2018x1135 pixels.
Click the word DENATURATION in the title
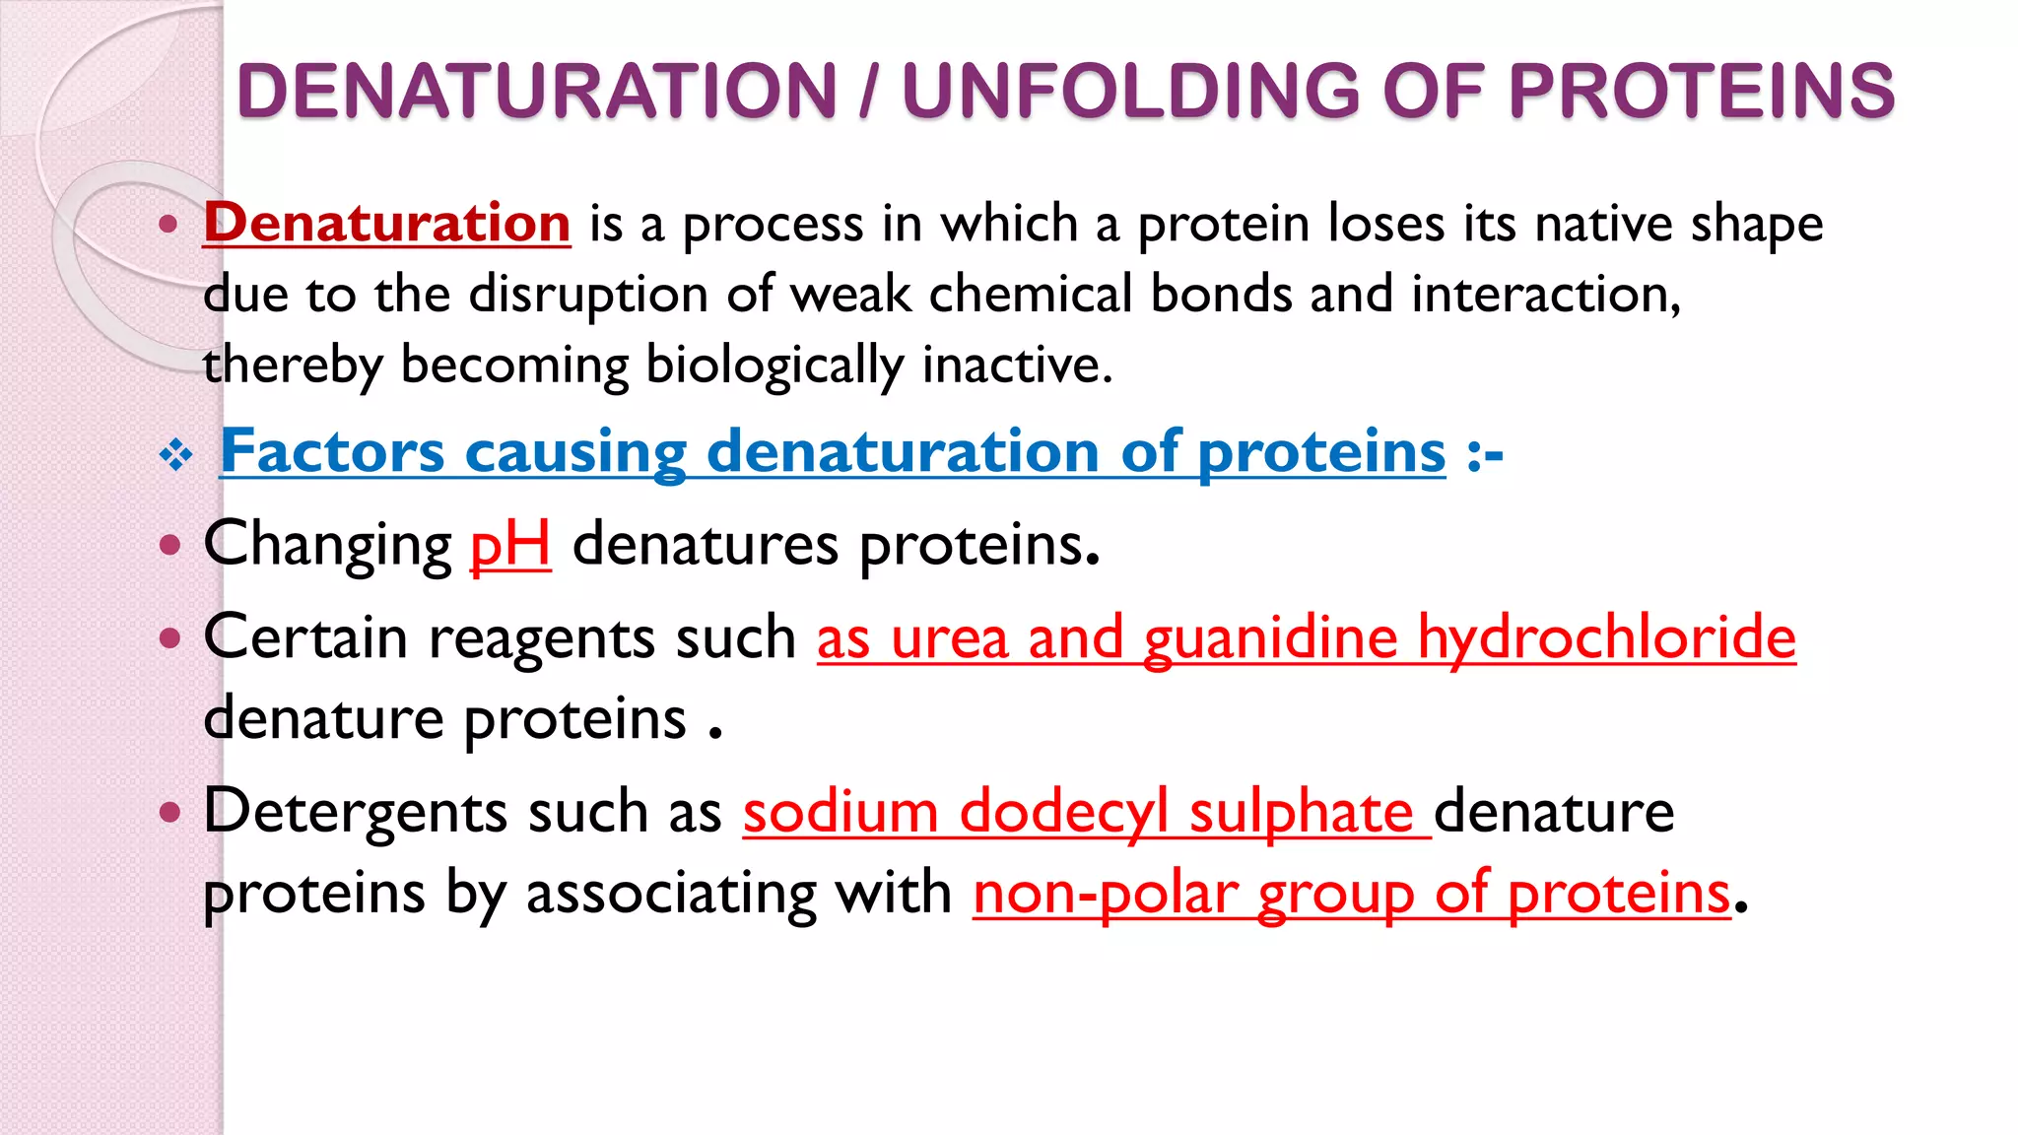pyautogui.click(x=537, y=91)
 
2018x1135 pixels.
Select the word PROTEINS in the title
pyautogui.click(x=1702, y=91)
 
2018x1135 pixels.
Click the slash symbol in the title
pyautogui.click(x=868, y=91)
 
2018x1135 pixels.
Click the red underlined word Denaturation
pyautogui.click(x=387, y=223)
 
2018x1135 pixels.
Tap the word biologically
pyautogui.click(x=774, y=367)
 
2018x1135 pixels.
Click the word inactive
pyautogui.click(x=1017, y=365)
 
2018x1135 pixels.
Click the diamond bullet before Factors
pyautogui.click(x=176, y=454)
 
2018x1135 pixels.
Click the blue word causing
pyautogui.click(x=575, y=453)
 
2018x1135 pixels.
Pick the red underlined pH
pyautogui.click(x=509, y=545)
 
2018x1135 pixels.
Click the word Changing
pyautogui.click(x=327, y=545)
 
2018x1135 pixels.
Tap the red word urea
pyautogui.click(x=949, y=637)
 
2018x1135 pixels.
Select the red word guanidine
pyautogui.click(x=1270, y=638)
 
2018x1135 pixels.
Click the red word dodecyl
pyautogui.click(x=1063, y=814)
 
